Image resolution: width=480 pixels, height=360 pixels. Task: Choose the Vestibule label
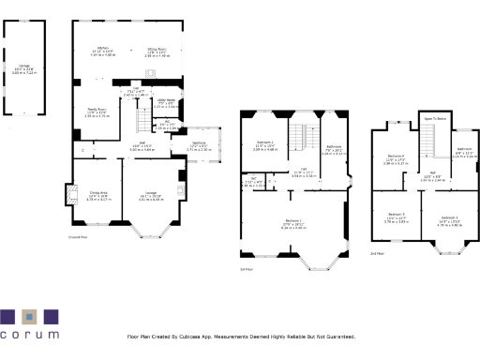coord(198,144)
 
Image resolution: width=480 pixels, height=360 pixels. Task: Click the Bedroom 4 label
coord(396,157)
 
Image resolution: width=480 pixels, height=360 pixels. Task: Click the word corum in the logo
coord(29,334)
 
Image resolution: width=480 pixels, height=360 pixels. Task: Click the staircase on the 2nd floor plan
coord(428,142)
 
